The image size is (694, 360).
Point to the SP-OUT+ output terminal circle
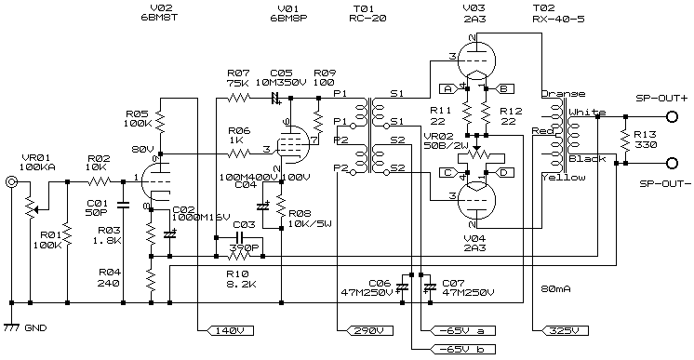[x=672, y=116]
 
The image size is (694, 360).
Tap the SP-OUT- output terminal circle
[x=672, y=162]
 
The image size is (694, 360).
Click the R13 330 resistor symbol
[x=625, y=140]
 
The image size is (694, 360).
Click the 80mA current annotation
[x=557, y=287]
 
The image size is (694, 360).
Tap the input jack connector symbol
[x=12, y=183]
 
